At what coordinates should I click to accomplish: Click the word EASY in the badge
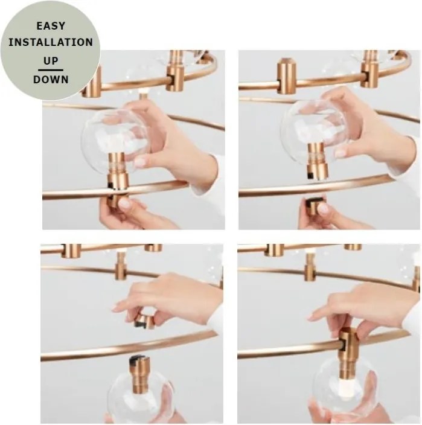pyautogui.click(x=51, y=26)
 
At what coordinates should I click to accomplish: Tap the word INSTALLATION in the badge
pyautogui.click(x=51, y=42)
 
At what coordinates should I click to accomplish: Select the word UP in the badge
pyautogui.click(x=51, y=61)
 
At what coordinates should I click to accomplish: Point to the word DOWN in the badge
pyautogui.click(x=51, y=80)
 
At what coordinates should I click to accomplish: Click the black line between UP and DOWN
pyautogui.click(x=51, y=70)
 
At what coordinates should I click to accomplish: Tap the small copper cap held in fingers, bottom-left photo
pyautogui.click(x=144, y=321)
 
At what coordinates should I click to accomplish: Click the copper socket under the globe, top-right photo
pyautogui.click(x=318, y=161)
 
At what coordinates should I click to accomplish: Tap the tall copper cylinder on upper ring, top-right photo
pyautogui.click(x=287, y=76)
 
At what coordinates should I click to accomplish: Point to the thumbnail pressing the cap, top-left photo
pyautogui.click(x=125, y=203)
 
